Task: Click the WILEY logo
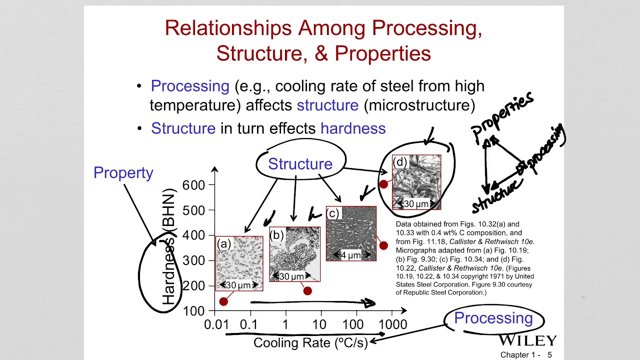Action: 527,341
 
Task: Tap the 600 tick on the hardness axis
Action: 193,185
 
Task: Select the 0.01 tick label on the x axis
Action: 216,324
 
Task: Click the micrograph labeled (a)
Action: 239,263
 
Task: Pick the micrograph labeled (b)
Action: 294,254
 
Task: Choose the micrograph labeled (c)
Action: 351,233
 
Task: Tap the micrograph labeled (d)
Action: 416,182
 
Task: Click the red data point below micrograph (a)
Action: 223,301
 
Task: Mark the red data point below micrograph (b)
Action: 307,291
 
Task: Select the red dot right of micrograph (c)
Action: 383,245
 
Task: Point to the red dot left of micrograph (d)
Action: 383,184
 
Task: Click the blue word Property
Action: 123,172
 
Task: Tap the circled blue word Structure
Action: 300,164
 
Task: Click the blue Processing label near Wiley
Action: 493,318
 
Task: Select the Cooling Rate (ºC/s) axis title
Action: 310,342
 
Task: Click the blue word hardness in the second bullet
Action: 353,128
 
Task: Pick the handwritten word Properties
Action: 502,116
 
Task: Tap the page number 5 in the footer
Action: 549,355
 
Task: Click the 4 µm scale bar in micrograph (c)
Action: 350,255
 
